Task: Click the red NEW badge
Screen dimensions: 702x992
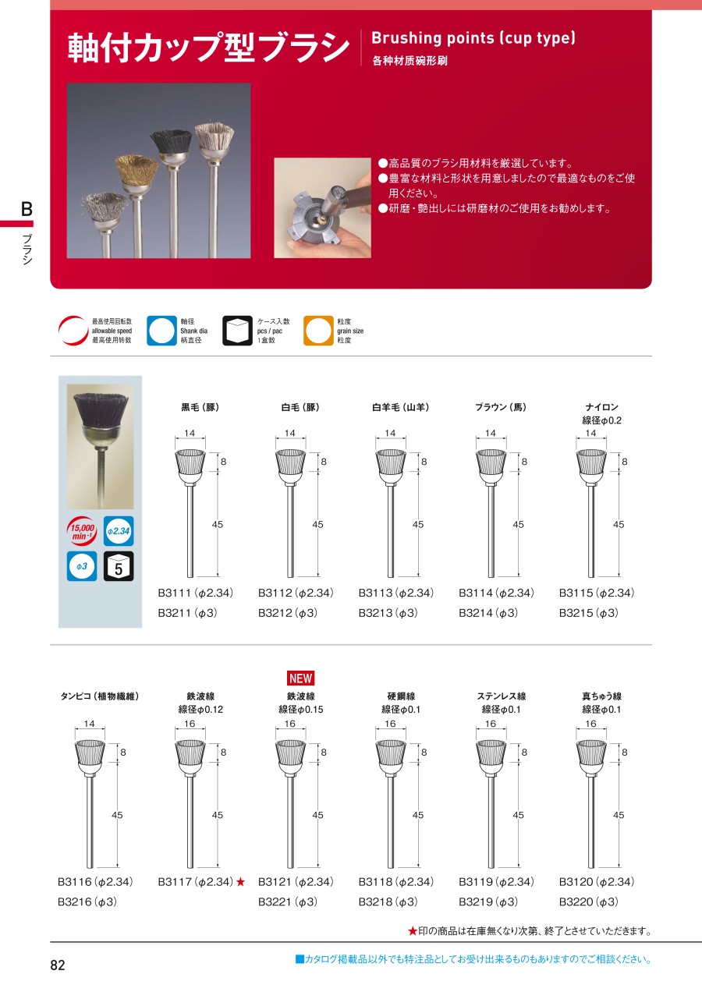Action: [x=301, y=678]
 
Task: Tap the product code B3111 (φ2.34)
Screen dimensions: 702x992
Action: [x=195, y=593]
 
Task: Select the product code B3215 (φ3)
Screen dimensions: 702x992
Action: [x=588, y=613]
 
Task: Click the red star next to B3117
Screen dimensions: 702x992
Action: [x=240, y=882]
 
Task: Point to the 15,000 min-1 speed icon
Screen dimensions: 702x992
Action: [x=81, y=531]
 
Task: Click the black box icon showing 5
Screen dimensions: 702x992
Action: [x=119, y=566]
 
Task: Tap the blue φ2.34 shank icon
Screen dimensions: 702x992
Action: [x=119, y=531]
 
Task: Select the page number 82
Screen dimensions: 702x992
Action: [x=58, y=965]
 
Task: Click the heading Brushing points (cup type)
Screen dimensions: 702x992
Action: [x=473, y=38]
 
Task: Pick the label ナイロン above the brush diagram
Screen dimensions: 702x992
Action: [x=601, y=407]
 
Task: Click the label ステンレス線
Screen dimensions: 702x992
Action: [x=502, y=696]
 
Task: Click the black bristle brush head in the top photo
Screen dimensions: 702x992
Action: [x=171, y=142]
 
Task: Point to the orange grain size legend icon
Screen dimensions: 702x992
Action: [x=318, y=331]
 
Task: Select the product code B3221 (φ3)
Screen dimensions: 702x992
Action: [x=288, y=902]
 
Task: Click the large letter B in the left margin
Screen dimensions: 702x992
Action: [x=27, y=209]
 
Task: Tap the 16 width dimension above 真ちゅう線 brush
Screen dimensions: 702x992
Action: [x=590, y=724]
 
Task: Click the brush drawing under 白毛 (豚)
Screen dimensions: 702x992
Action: [x=290, y=513]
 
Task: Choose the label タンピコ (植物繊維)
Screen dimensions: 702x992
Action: [x=100, y=696]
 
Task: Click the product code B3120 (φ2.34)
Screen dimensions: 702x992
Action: [x=596, y=882]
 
